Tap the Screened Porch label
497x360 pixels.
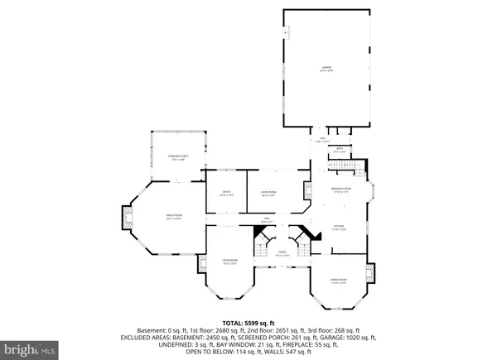pyautogui.click(x=176, y=159)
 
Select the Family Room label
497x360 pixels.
pyautogui.click(x=173, y=218)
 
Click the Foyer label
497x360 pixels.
pyautogui.click(x=282, y=254)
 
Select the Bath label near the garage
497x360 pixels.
pyautogui.click(x=339, y=151)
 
